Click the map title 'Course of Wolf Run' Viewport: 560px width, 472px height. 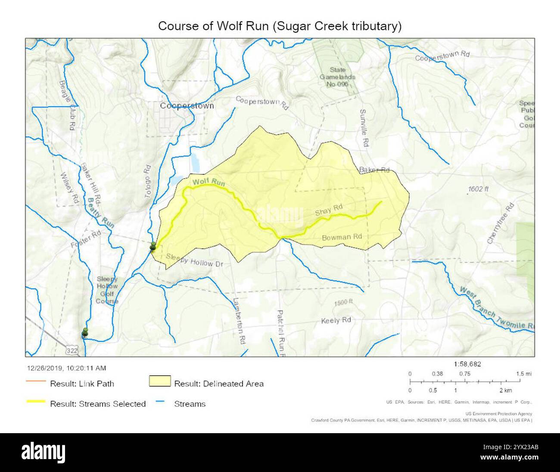point(280,26)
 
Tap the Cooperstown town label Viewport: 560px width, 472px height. point(187,106)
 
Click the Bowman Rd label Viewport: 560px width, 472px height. point(342,237)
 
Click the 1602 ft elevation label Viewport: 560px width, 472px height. point(478,189)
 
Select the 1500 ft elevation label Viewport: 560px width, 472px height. point(344,302)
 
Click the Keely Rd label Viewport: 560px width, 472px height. point(336,321)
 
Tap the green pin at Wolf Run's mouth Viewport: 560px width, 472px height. point(152,246)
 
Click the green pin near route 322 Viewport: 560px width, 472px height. point(85,332)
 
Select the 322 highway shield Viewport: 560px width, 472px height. point(73,351)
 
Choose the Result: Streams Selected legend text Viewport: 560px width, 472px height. point(98,404)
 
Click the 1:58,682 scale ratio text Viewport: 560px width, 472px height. point(467,364)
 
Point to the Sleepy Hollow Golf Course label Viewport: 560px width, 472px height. point(107,290)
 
